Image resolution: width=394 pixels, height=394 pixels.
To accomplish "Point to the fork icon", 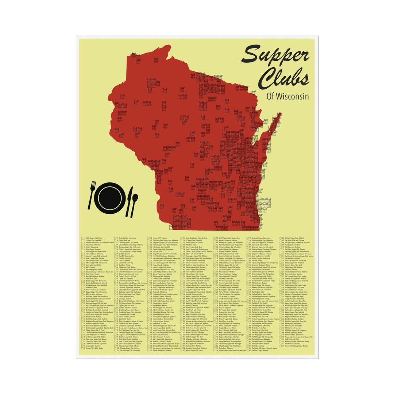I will point(92,195).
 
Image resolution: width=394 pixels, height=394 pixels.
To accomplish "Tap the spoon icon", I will point(134,204).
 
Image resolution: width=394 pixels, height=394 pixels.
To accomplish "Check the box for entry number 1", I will point(82,238).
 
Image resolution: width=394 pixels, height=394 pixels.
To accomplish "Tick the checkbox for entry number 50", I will point(82,348).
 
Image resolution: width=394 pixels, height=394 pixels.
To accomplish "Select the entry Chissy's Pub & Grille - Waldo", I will point(95,348).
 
